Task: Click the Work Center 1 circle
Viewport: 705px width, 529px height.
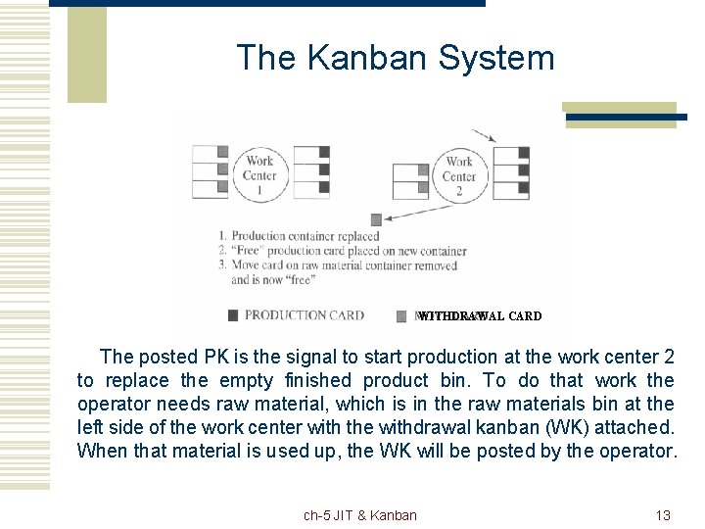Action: point(259,175)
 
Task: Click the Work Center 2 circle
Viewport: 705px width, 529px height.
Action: point(458,175)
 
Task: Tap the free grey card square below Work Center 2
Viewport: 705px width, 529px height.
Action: point(375,219)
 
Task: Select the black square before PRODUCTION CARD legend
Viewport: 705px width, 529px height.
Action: point(232,315)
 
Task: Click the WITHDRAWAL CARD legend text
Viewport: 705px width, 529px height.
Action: point(480,315)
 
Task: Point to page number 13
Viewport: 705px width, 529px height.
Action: point(662,515)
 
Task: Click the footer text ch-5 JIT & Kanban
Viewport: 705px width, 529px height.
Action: point(359,515)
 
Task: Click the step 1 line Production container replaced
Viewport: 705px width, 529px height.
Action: point(299,236)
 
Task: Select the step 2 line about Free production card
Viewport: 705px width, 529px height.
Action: point(342,251)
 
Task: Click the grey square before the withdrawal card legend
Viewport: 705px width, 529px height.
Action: point(401,315)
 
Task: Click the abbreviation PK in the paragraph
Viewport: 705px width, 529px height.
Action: point(219,357)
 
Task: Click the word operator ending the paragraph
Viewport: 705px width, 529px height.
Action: point(639,451)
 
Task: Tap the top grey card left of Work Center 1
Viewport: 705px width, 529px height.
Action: point(222,152)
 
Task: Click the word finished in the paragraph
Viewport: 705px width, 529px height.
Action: point(318,380)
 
